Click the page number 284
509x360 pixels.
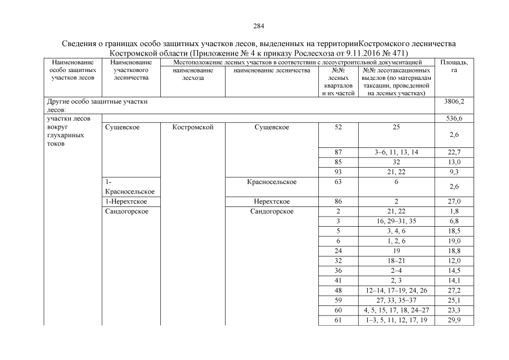coord(259,26)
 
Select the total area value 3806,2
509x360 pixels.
coord(454,102)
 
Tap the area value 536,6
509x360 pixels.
coord(454,119)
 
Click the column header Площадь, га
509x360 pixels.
coord(454,66)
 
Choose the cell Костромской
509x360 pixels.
coord(193,128)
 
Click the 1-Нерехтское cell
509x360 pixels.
coord(127,201)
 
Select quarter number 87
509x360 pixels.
coord(337,152)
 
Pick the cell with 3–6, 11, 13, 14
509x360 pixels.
coord(397,152)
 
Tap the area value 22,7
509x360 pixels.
coord(454,152)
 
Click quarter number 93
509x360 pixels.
coord(337,170)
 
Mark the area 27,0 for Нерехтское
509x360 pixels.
coord(454,201)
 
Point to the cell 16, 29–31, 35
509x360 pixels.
coord(397,221)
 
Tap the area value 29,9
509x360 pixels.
coord(454,320)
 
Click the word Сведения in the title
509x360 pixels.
coord(79,43)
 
